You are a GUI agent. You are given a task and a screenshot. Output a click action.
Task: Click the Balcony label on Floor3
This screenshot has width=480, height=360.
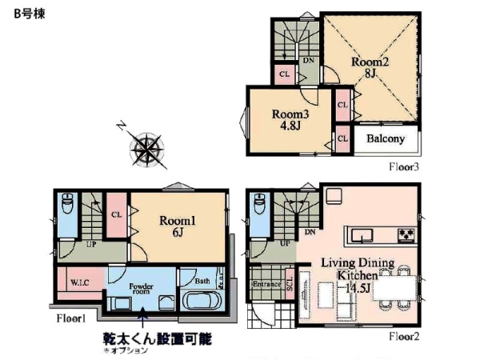(x=385, y=138)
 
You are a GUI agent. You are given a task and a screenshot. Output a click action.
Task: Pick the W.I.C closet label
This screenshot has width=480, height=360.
(x=79, y=282)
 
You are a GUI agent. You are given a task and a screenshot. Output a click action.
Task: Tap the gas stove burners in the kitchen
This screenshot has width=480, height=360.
(x=405, y=235)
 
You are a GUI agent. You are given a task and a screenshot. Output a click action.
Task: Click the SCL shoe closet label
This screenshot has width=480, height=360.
(x=290, y=285)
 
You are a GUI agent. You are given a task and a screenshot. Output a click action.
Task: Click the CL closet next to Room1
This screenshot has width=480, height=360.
(x=117, y=214)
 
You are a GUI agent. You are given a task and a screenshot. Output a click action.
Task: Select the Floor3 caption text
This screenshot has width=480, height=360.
(x=404, y=168)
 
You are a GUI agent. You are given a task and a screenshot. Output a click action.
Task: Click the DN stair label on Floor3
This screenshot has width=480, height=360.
(x=308, y=59)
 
